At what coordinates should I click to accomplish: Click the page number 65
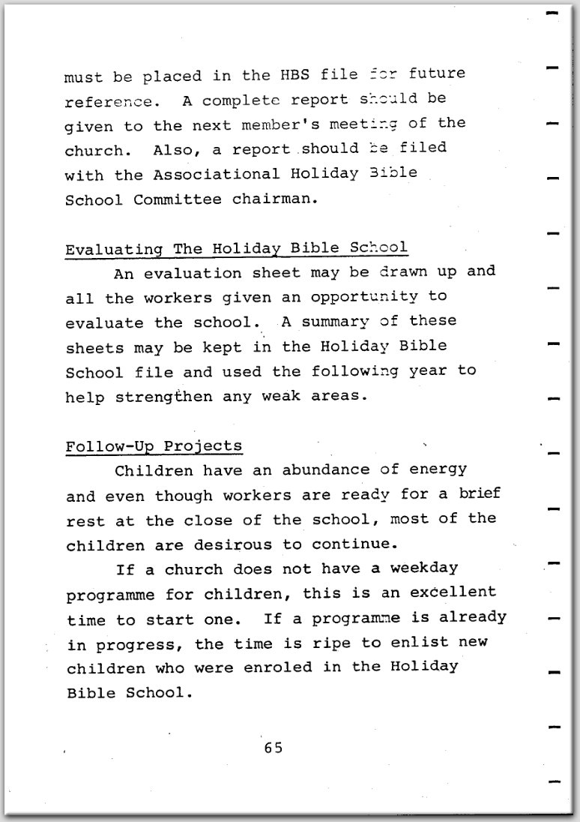pyautogui.click(x=273, y=748)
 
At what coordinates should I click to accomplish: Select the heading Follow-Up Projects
pyautogui.click(x=154, y=446)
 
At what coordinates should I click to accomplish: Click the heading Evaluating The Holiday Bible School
pyautogui.click(x=236, y=248)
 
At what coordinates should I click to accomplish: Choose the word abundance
pyautogui.click(x=326, y=470)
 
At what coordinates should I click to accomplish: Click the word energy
pyautogui.click(x=435, y=470)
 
